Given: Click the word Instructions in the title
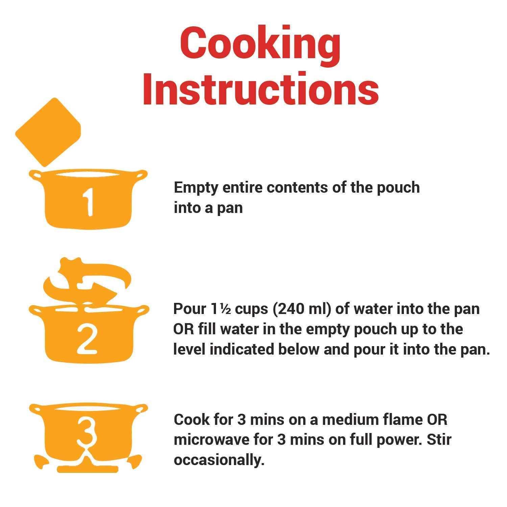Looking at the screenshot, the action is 261,89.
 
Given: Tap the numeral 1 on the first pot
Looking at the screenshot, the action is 89,202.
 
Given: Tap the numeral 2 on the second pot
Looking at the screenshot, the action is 87,339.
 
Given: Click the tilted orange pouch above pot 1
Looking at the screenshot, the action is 48,132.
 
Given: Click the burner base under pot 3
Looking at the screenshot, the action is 88,469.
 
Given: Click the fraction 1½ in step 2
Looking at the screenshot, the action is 221,309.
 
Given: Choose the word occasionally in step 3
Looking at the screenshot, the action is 219,461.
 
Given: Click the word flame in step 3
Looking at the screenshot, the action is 403,420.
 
